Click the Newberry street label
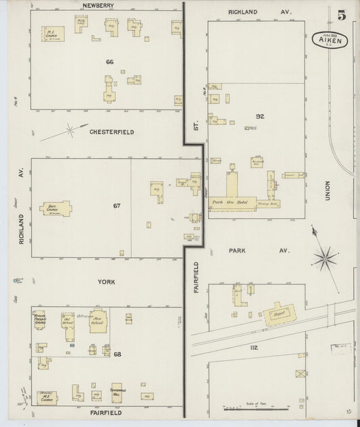tap(97, 5)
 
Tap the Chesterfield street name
tap(111, 132)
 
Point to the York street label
tap(107, 281)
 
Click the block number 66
tap(109, 61)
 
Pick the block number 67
tap(116, 205)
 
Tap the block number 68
tap(117, 354)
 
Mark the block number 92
tap(259, 116)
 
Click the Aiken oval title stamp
tap(329, 41)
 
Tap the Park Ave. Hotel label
tap(230, 202)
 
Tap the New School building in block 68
tap(98, 321)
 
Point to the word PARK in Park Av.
tap(237, 250)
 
